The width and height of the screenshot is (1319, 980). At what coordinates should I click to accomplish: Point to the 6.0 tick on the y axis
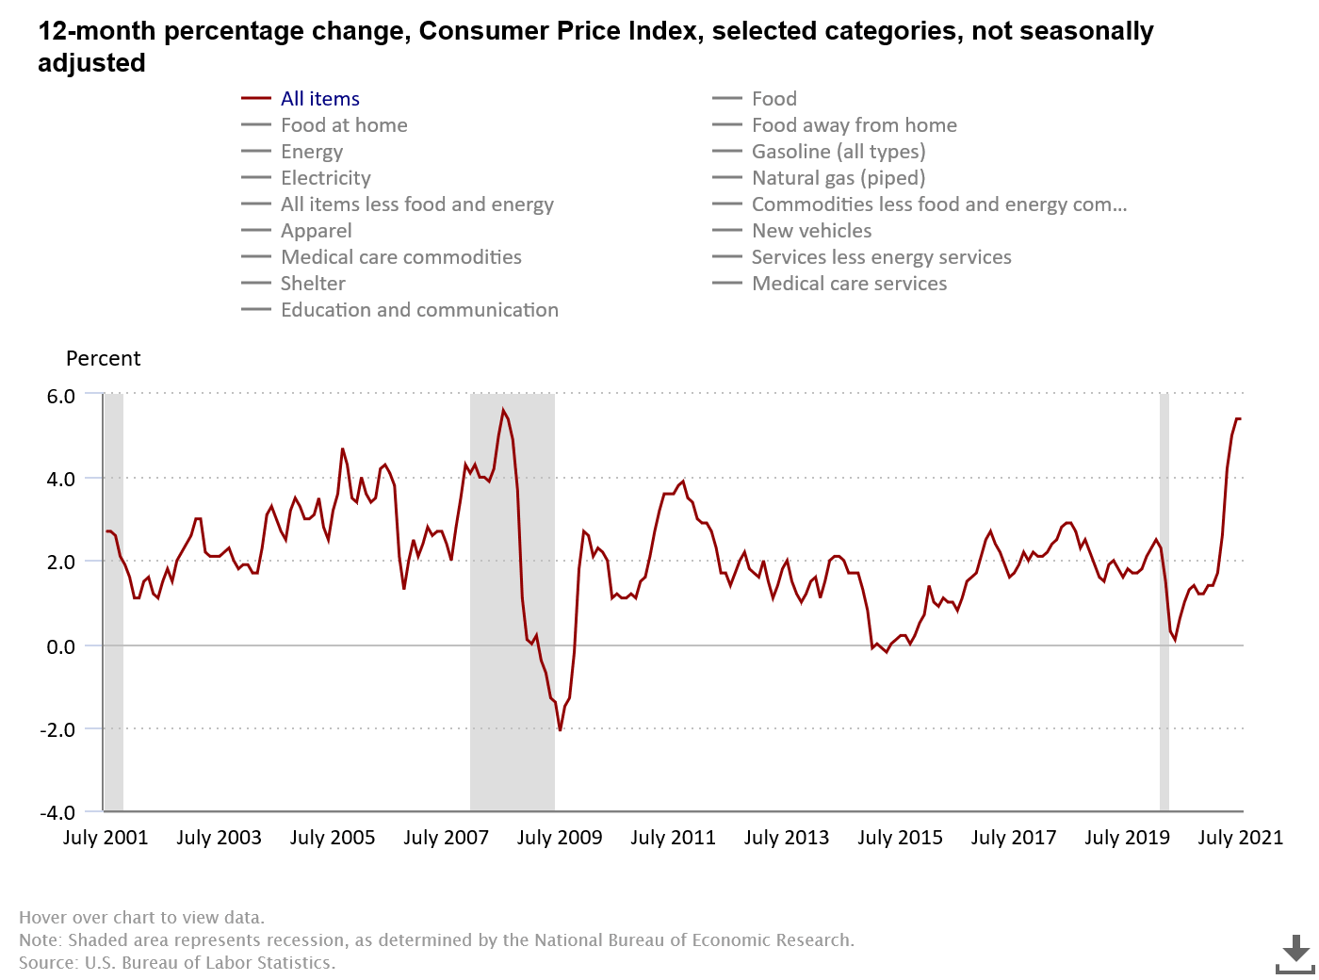coord(61,396)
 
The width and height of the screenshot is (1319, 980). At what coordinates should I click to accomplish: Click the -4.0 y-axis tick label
coord(57,812)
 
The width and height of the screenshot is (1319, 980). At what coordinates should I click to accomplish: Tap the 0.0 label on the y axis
coord(61,646)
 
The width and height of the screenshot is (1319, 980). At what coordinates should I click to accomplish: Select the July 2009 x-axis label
coord(560,838)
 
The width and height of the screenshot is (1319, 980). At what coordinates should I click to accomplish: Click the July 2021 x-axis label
coord(1240,838)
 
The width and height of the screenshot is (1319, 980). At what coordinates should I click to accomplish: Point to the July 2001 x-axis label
coord(106,838)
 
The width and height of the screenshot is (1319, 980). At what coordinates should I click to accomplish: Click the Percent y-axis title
coord(103,359)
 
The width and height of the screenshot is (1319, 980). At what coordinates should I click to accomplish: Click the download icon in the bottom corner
coord(1295,954)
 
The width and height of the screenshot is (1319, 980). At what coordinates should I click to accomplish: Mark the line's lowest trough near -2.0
coord(560,730)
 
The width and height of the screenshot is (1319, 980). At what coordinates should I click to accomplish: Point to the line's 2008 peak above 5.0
coord(504,410)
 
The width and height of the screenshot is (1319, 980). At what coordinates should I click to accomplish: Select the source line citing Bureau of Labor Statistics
coord(177,963)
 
